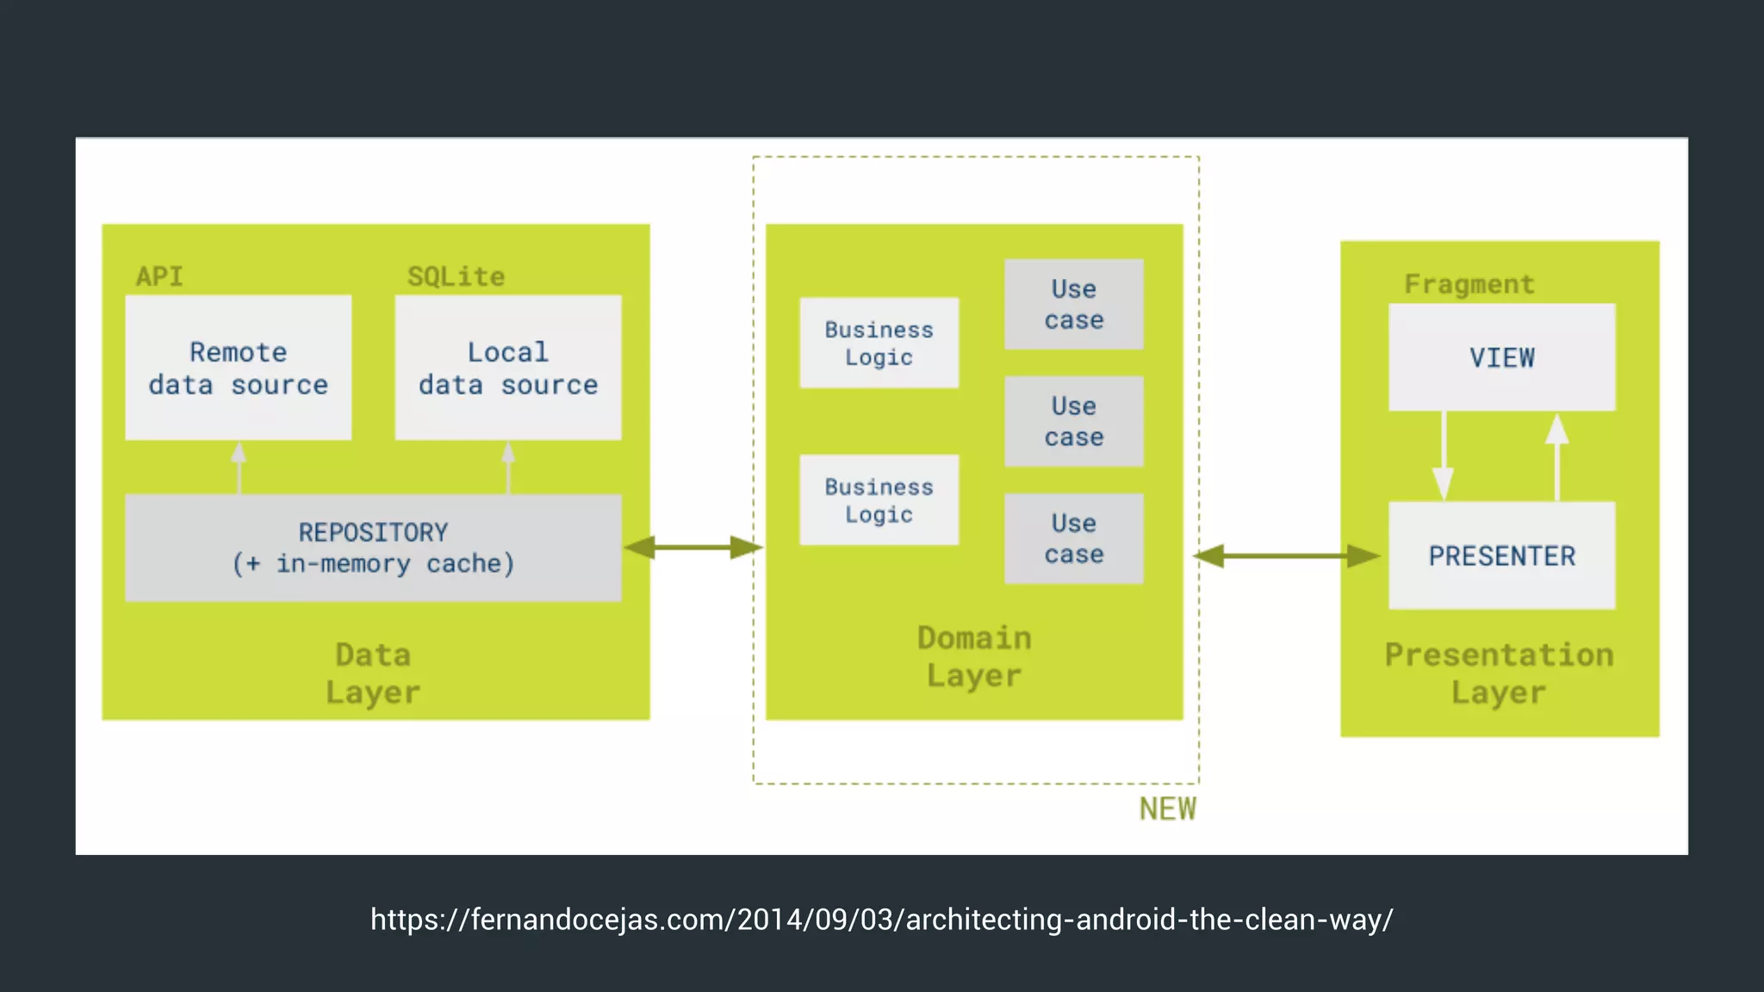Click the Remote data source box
pos(238,368)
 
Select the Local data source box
pos(508,368)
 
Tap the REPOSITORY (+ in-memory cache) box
pos(373,548)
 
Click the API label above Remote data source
pos(159,276)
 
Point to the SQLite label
pos(456,276)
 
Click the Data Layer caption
pos(373,673)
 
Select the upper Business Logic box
pos(879,343)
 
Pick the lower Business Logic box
pos(879,500)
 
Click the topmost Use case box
pos(1073,304)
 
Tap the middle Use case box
pos(1073,421)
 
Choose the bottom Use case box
pos(1073,538)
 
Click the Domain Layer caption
pos(974,656)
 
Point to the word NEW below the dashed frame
pos(1167,809)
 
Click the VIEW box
pos(1501,357)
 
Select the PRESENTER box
pos(1501,555)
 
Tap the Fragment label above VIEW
pos(1469,284)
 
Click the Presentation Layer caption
pos(1499,673)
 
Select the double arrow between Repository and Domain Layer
pos(693,547)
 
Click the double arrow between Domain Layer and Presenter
pos(1287,555)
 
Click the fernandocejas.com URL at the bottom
pos(881,920)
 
